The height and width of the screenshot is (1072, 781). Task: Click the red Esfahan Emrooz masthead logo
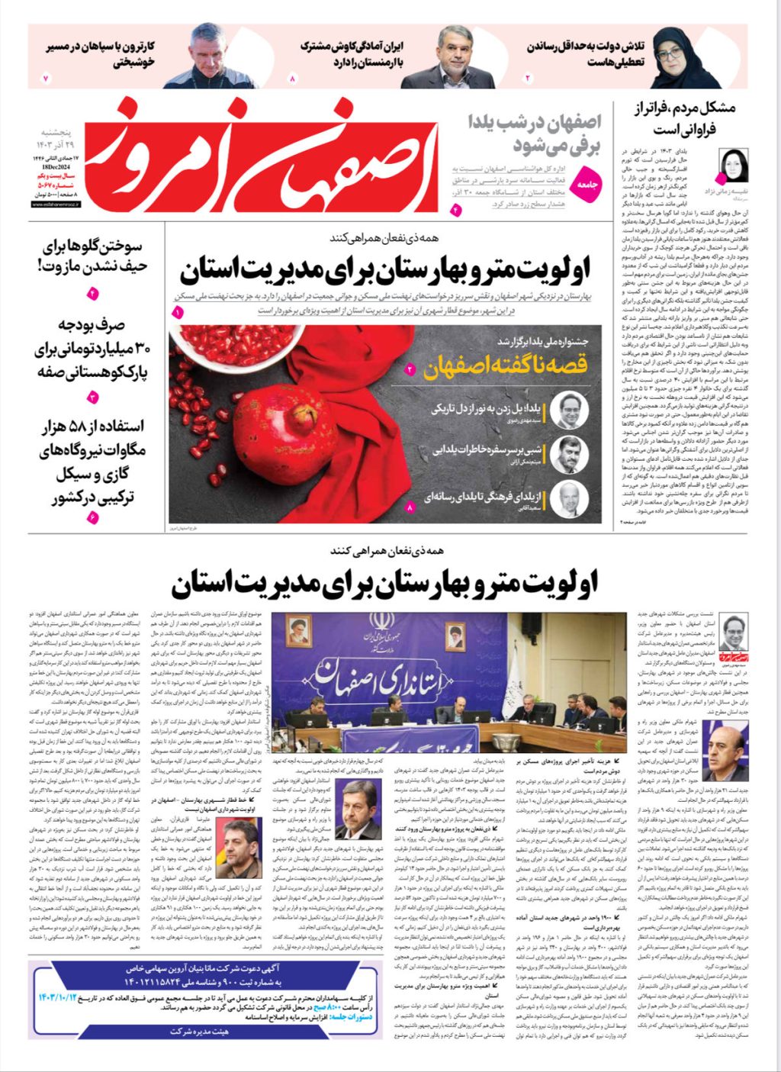click(x=259, y=156)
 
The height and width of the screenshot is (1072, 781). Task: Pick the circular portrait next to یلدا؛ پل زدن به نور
click(x=570, y=410)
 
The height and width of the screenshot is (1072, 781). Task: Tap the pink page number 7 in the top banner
click(x=45, y=79)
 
